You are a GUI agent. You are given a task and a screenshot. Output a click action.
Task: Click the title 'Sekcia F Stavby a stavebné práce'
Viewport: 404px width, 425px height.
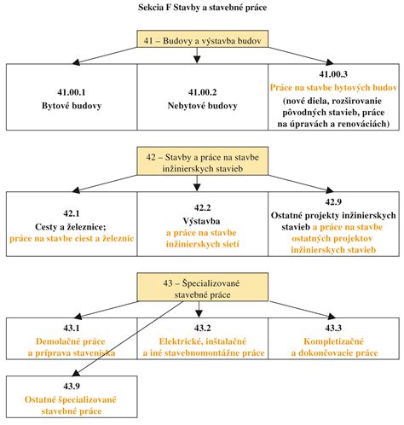(x=202, y=8)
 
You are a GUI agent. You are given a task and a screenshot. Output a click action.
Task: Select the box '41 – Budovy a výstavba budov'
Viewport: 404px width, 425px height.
(x=202, y=39)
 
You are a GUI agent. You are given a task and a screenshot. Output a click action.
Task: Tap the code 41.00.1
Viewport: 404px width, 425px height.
(x=72, y=92)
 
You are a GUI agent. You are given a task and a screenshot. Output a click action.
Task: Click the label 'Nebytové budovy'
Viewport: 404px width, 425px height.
(x=202, y=106)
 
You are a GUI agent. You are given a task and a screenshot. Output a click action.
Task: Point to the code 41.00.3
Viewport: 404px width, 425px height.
(x=333, y=74)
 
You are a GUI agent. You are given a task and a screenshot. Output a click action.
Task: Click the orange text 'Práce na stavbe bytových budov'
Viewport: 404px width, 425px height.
(x=333, y=87)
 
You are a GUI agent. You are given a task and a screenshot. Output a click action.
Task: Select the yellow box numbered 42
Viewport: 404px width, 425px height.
(x=202, y=161)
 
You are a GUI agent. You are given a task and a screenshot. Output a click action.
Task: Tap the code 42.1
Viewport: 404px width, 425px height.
(x=72, y=213)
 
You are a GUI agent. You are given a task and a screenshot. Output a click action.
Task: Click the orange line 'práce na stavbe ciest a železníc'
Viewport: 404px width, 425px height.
(x=72, y=238)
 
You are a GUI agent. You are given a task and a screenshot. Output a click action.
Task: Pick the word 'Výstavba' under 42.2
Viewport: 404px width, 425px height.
(x=201, y=221)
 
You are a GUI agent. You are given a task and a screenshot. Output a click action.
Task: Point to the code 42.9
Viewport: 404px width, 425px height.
(x=333, y=201)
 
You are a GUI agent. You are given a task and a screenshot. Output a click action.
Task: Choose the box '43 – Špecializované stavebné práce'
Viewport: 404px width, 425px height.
(x=202, y=287)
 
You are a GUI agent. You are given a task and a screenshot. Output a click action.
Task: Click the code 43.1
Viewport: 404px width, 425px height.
(x=72, y=328)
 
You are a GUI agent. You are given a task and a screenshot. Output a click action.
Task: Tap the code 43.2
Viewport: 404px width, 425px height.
(x=202, y=328)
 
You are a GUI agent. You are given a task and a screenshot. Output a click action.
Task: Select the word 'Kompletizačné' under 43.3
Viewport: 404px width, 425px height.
(x=333, y=341)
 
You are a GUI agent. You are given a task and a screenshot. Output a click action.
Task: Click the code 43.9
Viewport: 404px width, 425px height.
(x=72, y=386)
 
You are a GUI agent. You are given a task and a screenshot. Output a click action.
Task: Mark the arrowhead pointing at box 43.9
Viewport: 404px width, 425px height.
(x=77, y=373)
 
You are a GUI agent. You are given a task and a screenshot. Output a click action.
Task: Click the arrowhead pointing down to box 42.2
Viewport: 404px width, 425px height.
(x=197, y=187)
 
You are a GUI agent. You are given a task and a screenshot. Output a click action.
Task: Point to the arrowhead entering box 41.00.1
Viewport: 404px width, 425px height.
(x=76, y=61)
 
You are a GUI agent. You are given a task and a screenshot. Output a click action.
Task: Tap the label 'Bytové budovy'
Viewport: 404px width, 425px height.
(x=72, y=106)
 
